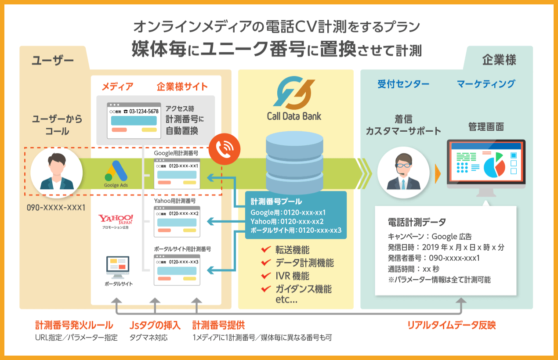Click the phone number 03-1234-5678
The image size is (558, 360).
(141, 112)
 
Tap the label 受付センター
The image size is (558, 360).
(403, 84)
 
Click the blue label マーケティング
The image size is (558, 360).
(486, 84)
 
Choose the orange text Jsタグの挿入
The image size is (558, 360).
(155, 325)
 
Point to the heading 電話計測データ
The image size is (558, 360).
(417, 222)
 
